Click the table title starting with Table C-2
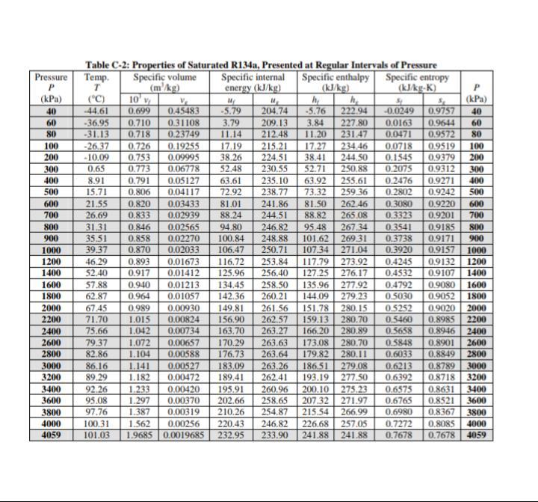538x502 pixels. [261, 66]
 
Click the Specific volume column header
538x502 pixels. [164, 76]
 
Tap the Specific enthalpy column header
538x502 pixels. [336, 76]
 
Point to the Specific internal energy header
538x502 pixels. [253, 76]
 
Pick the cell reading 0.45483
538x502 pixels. [183, 111]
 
